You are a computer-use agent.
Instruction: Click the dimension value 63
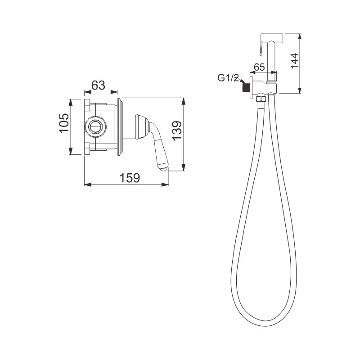coord(98,85)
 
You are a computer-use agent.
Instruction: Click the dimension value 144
coord(294,59)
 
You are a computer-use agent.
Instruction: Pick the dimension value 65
coord(259,67)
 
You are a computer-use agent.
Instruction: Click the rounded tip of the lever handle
coord(162,169)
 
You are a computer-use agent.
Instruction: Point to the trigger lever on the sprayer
coord(260,46)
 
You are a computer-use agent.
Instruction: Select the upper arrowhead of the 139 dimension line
coord(184,100)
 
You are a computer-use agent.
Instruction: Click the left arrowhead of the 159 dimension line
coord(87,184)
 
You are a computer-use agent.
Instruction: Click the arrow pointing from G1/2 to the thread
coord(241,84)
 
